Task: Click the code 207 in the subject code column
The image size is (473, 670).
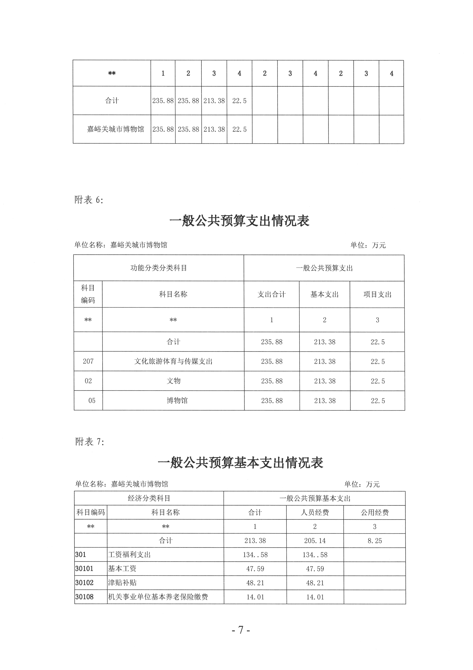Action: (x=88, y=361)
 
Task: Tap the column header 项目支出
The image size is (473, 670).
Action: (x=377, y=294)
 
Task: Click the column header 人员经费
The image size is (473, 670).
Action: (x=315, y=512)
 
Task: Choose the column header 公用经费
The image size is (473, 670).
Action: (x=374, y=512)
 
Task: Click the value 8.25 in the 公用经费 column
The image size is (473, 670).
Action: (x=374, y=541)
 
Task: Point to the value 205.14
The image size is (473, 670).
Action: (x=315, y=541)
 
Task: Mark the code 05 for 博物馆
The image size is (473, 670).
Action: (x=92, y=401)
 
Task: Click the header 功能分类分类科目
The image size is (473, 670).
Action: (x=159, y=268)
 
